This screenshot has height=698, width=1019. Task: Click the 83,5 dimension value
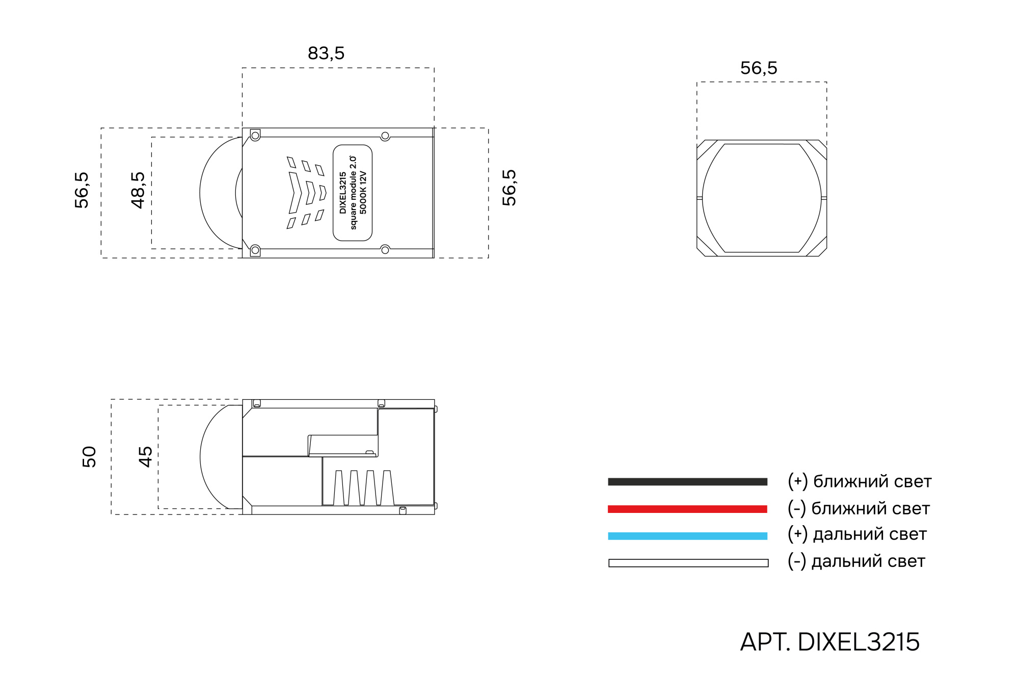pos(326,53)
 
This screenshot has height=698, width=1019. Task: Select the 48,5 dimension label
pos(138,190)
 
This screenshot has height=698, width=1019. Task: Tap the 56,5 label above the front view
pos(758,68)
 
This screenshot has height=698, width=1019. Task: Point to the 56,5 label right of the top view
pos(509,188)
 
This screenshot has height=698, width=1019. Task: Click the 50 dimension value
pos(89,456)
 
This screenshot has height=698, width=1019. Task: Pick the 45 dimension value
pos(146,456)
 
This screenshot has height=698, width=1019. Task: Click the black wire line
pos(687,481)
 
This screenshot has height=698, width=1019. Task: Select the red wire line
pos(687,509)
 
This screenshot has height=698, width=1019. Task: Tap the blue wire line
pos(687,536)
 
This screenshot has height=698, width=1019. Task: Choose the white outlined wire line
pos(688,563)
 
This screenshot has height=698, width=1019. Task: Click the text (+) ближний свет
pos(859,481)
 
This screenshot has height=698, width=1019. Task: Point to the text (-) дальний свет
pos(856,561)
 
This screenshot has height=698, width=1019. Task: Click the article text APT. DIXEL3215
pos(829,642)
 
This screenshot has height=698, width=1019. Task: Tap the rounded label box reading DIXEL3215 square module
pos(353,193)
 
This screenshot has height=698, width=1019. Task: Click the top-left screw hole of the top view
pos(255,136)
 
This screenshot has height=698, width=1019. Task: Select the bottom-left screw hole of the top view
pos(255,250)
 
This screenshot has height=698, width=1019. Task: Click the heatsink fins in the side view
pos(364,488)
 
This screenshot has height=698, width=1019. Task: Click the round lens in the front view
pos(762,198)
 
